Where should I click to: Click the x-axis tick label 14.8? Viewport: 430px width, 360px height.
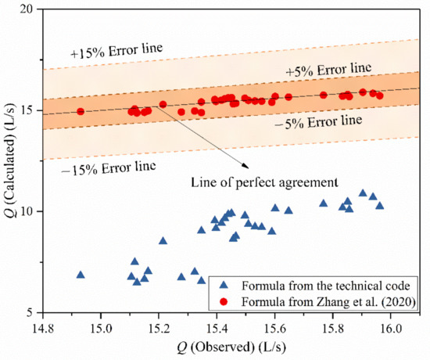coord(44,326)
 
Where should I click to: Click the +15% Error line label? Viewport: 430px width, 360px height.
coord(116,49)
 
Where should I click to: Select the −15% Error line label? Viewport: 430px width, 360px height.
coord(102,166)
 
